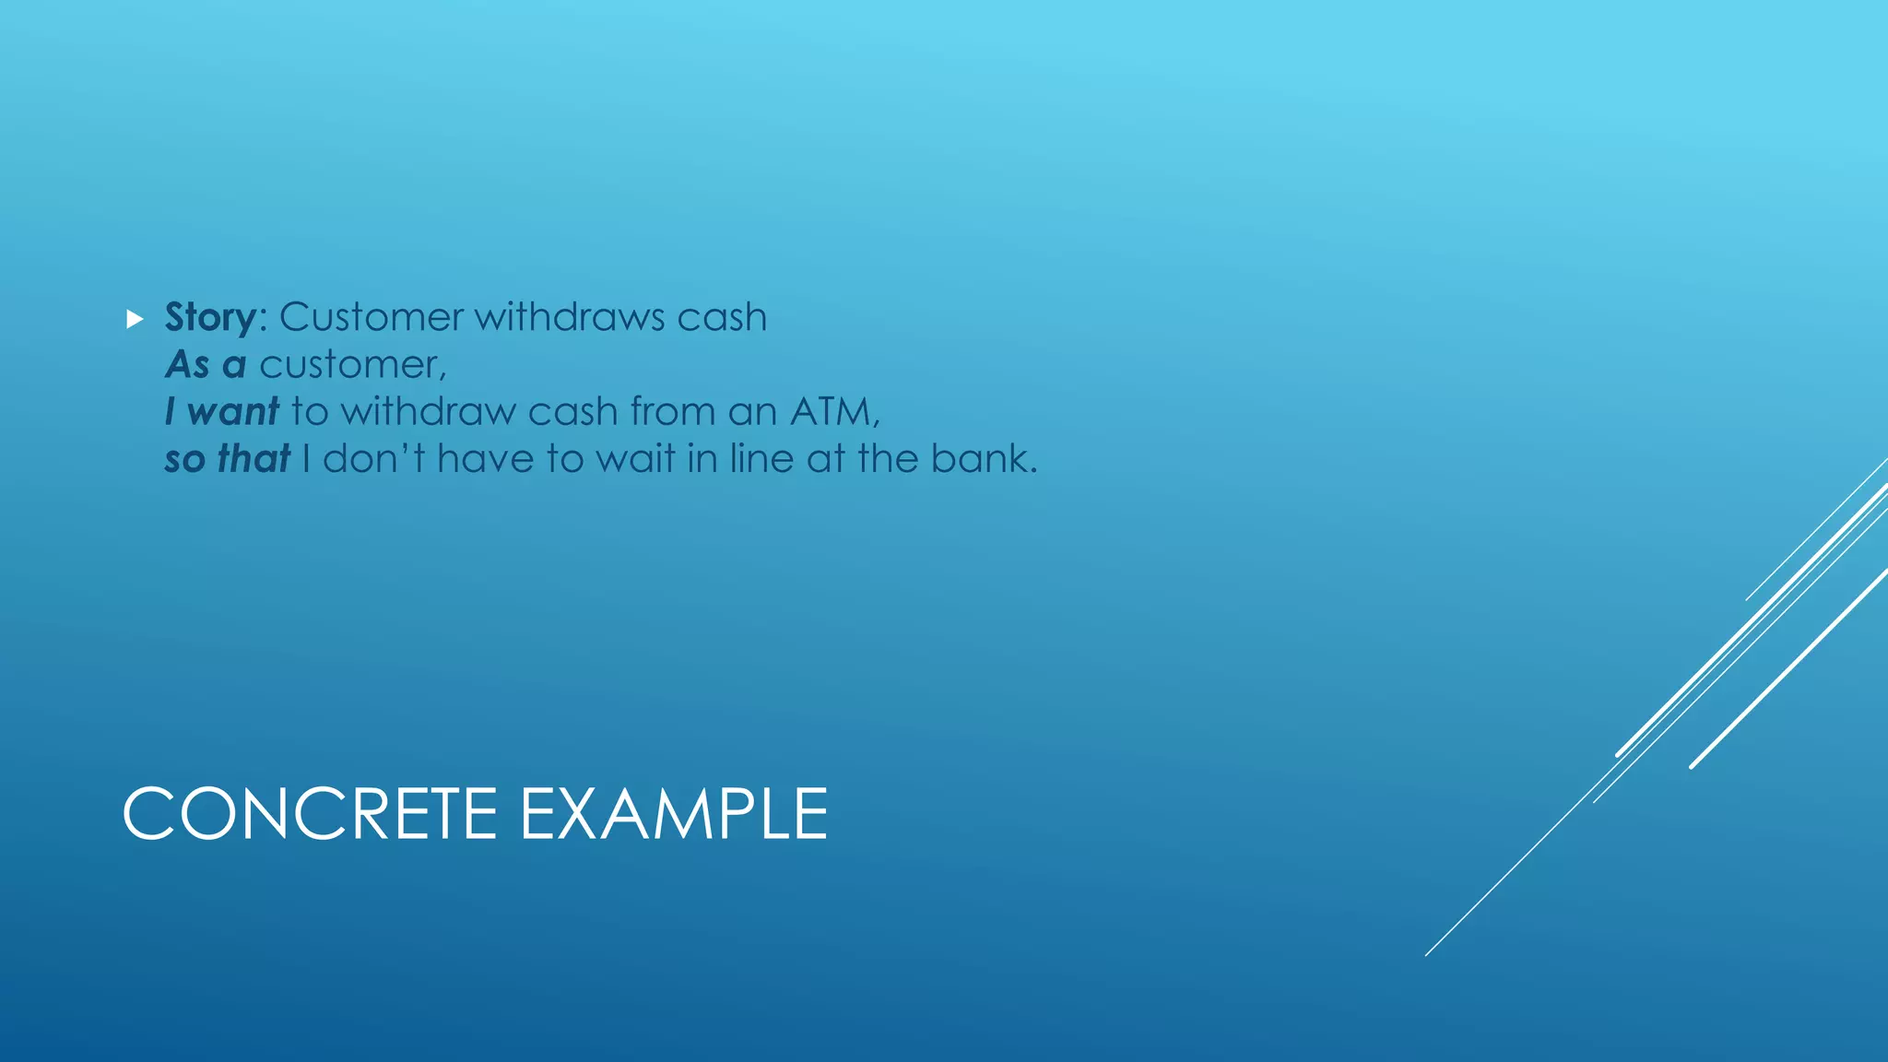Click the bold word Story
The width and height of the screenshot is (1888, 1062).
[210, 318]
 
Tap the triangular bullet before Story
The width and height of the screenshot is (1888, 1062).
[136, 320]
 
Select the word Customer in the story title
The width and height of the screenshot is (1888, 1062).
[371, 318]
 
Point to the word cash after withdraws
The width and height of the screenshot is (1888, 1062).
[722, 318]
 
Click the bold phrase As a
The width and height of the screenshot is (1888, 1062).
[206, 365]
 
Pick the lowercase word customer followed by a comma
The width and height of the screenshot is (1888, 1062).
[352, 366]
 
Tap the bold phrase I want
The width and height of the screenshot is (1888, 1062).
[221, 412]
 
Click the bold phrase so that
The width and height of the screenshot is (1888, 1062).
[227, 459]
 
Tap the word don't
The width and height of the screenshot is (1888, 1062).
[372, 459]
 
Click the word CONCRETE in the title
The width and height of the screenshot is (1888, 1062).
[310, 814]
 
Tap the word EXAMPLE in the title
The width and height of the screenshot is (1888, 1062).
[673, 814]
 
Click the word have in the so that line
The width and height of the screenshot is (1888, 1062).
[485, 459]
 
